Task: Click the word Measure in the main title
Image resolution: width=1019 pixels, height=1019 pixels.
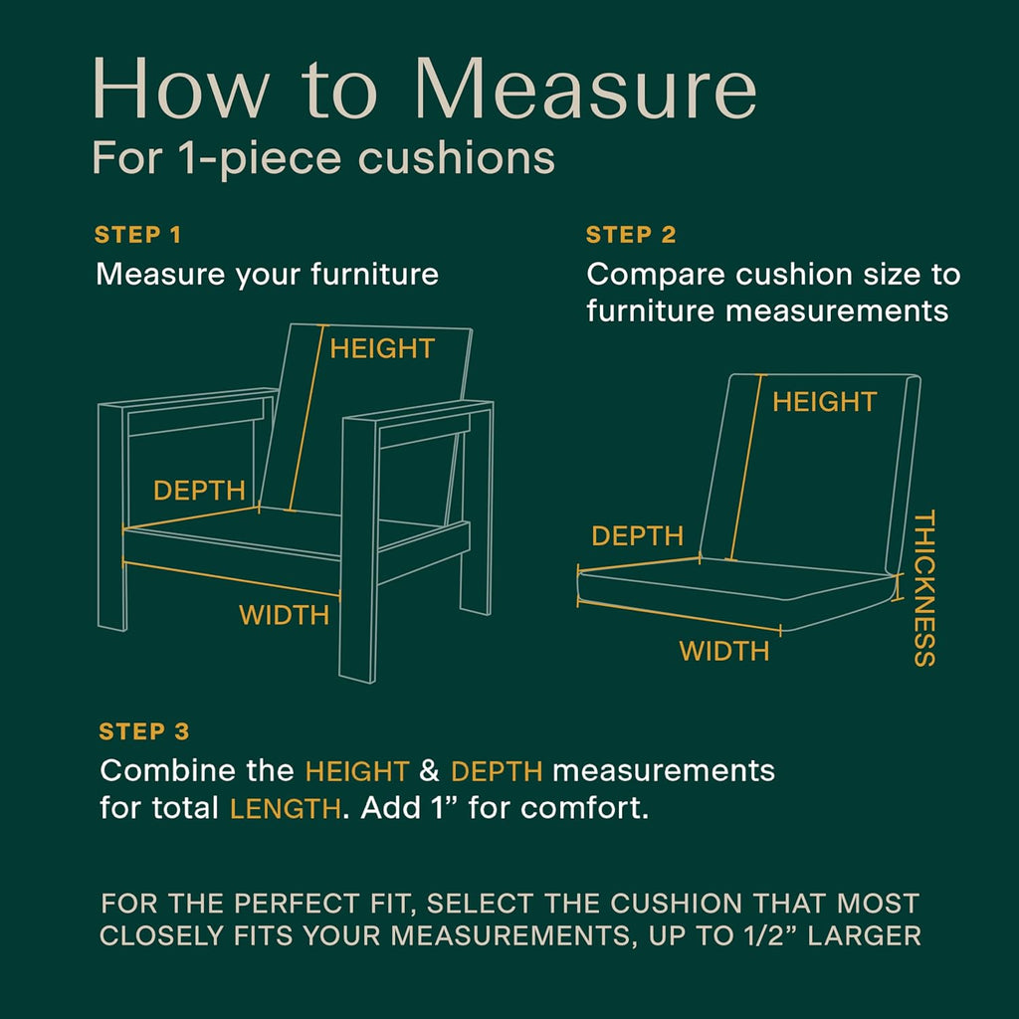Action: tap(585, 88)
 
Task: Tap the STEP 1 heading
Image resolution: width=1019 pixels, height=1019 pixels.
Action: tap(137, 235)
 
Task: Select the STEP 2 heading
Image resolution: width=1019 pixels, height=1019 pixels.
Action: tap(631, 235)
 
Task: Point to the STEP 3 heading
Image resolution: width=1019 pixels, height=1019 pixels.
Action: tap(144, 731)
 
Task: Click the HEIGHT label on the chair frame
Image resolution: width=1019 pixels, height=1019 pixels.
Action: tap(382, 349)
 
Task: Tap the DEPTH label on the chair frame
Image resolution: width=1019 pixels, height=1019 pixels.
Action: tap(199, 491)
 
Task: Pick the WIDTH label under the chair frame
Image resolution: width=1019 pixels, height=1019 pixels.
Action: tap(284, 615)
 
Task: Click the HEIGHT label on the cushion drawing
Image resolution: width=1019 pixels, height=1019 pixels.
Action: tap(825, 402)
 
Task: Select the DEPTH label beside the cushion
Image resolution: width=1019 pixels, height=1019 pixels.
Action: tap(638, 536)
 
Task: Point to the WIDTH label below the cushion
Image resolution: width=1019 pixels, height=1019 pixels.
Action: tap(724, 651)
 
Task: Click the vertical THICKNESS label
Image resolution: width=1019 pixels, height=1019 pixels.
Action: tap(924, 588)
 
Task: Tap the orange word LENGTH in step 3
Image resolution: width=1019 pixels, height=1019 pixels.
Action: tap(286, 809)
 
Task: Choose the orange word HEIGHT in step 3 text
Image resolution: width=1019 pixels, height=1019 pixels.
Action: tap(357, 771)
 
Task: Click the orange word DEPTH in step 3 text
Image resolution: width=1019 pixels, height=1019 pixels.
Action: tap(497, 771)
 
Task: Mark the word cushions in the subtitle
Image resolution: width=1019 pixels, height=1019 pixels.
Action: tap(457, 158)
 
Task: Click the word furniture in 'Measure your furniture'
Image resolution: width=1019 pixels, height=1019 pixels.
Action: tap(374, 275)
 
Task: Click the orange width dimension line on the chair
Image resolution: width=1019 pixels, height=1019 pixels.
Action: tap(231, 578)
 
